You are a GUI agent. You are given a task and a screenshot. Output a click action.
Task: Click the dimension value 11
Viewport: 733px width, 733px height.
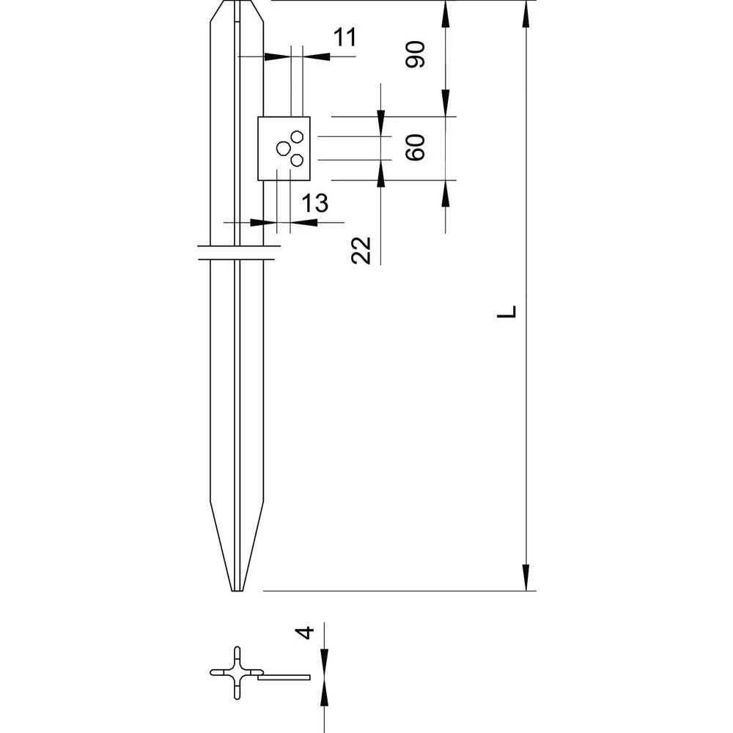(344, 37)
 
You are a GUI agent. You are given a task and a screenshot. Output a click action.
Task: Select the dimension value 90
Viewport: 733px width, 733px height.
(416, 55)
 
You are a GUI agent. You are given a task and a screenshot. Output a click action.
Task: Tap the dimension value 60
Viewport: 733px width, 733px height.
(416, 148)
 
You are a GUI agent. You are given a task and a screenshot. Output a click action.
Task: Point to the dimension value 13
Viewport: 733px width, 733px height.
(315, 204)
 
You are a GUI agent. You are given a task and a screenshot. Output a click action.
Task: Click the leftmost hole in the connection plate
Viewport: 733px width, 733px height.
(283, 149)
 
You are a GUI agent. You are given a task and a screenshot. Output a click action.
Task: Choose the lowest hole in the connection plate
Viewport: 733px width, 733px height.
(298, 160)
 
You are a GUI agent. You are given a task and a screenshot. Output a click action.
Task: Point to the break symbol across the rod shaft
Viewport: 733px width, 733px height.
(237, 253)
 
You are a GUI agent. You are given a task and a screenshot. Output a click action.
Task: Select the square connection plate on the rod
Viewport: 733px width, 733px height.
(284, 148)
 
